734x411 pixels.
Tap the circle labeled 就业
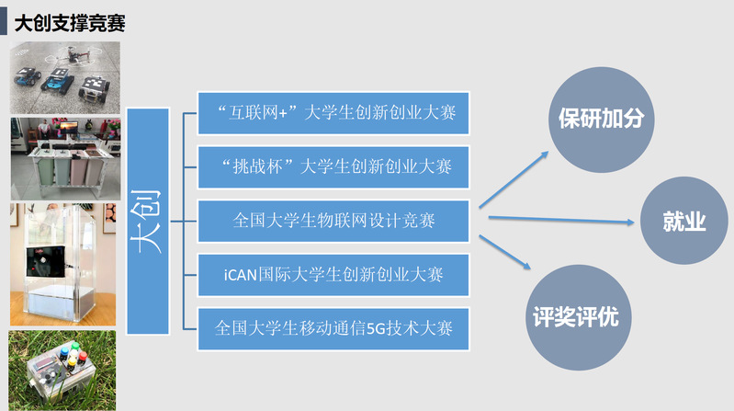(x=683, y=221)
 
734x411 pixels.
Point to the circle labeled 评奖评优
(x=576, y=317)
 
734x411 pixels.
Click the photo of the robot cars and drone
(x=64, y=78)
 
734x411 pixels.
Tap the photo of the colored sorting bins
(x=64, y=158)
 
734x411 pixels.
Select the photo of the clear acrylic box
(x=64, y=265)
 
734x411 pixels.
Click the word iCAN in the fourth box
(x=242, y=274)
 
